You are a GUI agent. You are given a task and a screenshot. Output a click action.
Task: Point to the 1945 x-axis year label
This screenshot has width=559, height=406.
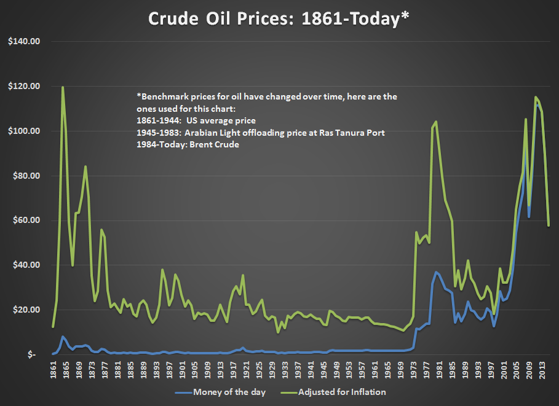coord(323,372)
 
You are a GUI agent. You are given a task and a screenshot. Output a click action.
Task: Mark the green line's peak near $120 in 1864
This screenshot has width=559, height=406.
coord(63,87)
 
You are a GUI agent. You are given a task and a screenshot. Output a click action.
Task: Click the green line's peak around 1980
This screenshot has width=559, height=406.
coord(436,122)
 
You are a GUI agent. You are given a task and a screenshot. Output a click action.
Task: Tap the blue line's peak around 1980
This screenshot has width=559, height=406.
coord(436,272)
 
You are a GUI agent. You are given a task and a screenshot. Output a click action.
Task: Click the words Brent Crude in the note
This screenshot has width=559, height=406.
coord(216,144)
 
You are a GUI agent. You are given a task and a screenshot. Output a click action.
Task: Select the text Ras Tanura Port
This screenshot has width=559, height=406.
coord(351,133)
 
